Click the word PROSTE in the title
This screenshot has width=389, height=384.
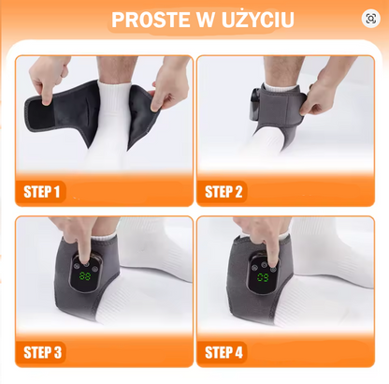pyautogui.click(x=151, y=20)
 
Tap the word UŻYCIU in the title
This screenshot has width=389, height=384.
pyautogui.click(x=258, y=20)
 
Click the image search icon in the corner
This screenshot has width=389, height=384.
pyautogui.click(x=371, y=19)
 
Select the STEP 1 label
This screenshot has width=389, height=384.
pyautogui.click(x=41, y=192)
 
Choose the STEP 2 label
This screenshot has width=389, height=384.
pyautogui.click(x=223, y=192)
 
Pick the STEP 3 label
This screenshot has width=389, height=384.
pyautogui.click(x=43, y=352)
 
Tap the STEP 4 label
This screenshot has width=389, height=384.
pyautogui.click(x=223, y=352)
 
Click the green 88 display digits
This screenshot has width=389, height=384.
pyautogui.click(x=85, y=276)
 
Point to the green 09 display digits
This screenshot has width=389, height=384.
pyautogui.click(x=263, y=277)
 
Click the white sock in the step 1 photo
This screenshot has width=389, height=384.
pyautogui.click(x=110, y=125)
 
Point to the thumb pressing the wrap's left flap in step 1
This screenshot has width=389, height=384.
pyautogui.click(x=47, y=94)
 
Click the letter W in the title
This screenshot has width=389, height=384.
pyautogui.click(x=205, y=20)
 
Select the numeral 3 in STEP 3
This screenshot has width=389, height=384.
pyautogui.click(x=58, y=352)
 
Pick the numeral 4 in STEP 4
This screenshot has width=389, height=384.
pyautogui.click(x=238, y=352)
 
